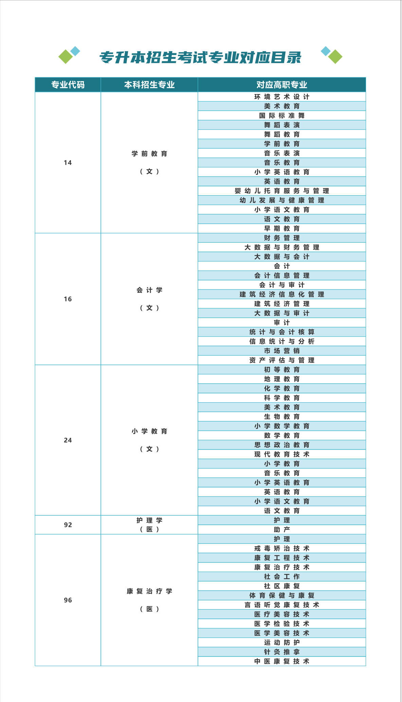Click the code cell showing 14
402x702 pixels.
coord(68,163)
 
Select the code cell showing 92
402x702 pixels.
coord(68,525)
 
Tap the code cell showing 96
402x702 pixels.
coord(68,600)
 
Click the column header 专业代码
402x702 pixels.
coord(68,85)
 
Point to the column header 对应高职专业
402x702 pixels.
coord(282,85)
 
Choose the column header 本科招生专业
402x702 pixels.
coord(149,85)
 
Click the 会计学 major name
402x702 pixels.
coord(149,291)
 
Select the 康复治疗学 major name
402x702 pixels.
coord(149,591)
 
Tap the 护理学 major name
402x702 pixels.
coord(149,520)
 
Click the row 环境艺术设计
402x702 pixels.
coord(282,97)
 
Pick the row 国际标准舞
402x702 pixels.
coord(282,116)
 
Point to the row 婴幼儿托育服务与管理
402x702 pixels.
coord(282,191)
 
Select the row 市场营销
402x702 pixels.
coord(282,351)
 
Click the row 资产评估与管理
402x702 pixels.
coord(282,360)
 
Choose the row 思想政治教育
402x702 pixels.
coord(282,445)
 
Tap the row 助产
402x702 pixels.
coord(282,530)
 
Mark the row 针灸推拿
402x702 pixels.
coord(282,652)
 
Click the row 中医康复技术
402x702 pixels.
coord(282,661)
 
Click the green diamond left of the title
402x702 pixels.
coord(66,57)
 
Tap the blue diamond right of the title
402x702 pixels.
coord(326,51)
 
